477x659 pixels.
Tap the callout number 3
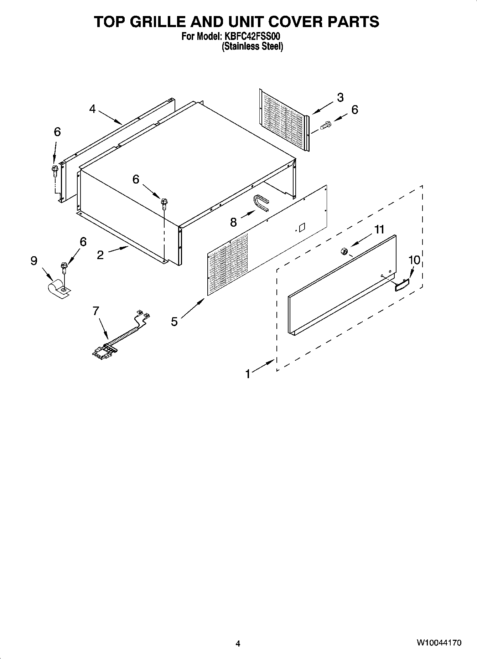pyautogui.click(x=340, y=97)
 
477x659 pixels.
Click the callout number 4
pyautogui.click(x=93, y=109)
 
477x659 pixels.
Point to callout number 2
pyautogui.click(x=100, y=254)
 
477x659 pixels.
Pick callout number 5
pyautogui.click(x=174, y=321)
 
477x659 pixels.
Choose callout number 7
pyautogui.click(x=95, y=311)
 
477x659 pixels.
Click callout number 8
pyautogui.click(x=233, y=222)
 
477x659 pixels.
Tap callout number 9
pyautogui.click(x=34, y=261)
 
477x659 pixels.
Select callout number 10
pyautogui.click(x=414, y=260)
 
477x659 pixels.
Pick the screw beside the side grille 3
pyautogui.click(x=326, y=125)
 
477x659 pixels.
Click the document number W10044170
pyautogui.click(x=439, y=643)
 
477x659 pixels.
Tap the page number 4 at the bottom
pyautogui.click(x=238, y=643)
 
